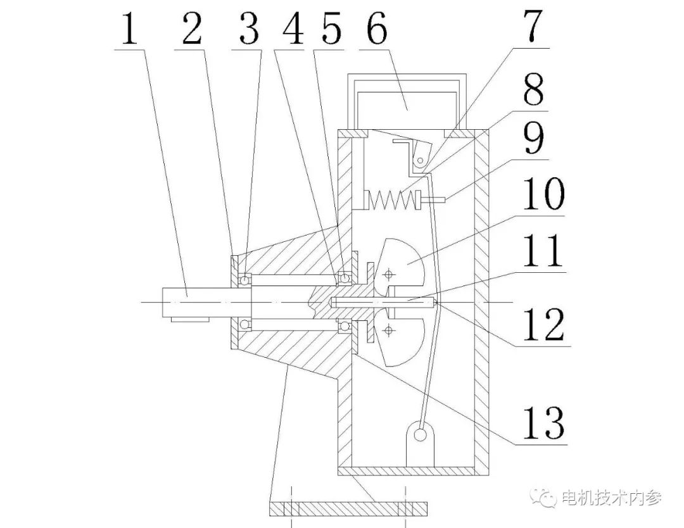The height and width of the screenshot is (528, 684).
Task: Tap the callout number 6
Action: [376, 28]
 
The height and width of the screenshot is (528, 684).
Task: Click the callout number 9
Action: [534, 139]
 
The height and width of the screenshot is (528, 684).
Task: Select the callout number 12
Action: [545, 324]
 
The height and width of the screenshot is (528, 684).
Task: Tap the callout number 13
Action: [545, 422]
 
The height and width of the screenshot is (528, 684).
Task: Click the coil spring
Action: [393, 200]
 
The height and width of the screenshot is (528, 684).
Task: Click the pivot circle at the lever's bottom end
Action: [421, 435]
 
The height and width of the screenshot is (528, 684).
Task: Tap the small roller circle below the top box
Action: [420, 160]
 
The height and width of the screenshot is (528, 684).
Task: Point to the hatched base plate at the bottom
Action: [348, 508]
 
